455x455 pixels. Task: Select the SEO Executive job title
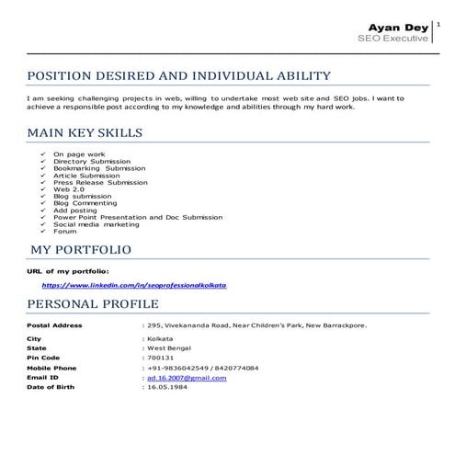coord(393,39)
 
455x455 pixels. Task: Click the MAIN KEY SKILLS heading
coord(85,133)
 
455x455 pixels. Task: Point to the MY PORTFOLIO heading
coord(81,249)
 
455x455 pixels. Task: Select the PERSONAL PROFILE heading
coord(93,304)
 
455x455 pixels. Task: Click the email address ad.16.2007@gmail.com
coord(187,378)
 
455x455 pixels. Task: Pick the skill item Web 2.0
coord(70,189)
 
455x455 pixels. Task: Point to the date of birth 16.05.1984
coord(166,387)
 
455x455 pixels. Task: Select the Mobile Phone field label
coord(51,368)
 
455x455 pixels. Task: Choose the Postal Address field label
coord(55,324)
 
